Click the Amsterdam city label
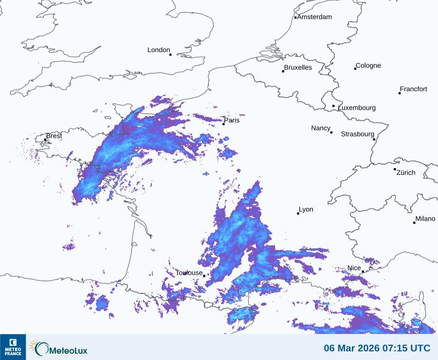314,17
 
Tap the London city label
159,50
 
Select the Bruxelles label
298,68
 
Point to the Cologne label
368,66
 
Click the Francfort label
414,89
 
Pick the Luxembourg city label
357,108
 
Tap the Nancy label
321,128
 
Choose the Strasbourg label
358,134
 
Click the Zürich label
406,172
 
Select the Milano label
425,219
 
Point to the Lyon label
306,209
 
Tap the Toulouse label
189,273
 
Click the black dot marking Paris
223,124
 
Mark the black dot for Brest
45,140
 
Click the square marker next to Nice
363,272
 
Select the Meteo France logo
13,347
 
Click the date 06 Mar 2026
353,348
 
